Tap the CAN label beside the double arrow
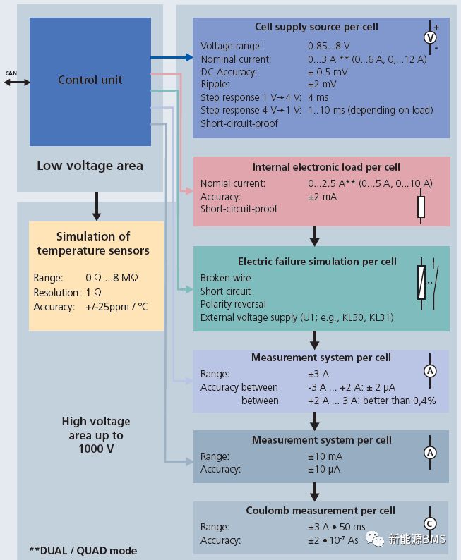11,73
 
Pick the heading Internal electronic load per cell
326,167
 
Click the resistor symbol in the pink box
421,207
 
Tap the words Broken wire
225,278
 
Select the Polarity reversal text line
233,304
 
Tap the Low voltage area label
90,166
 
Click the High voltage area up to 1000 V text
96,434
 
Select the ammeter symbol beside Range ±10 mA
429,453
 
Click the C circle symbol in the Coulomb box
429,523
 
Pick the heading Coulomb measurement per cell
321,510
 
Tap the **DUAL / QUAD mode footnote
83,550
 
